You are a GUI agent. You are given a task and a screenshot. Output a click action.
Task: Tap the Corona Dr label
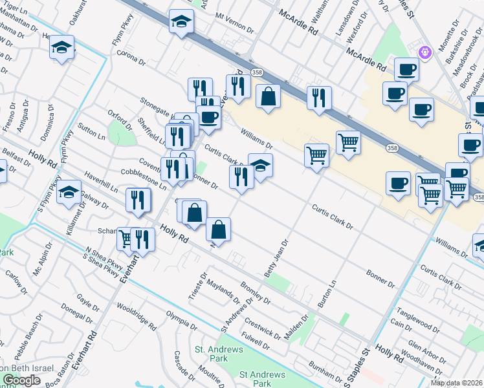click(132, 57)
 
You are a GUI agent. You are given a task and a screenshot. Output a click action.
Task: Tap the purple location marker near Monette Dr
click(425, 50)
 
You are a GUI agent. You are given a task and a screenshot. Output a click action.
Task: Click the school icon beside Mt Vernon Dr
click(181, 21)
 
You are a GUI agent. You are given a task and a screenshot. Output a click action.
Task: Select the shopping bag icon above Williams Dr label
click(267, 98)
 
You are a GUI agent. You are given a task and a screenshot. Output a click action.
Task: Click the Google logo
click(21, 380)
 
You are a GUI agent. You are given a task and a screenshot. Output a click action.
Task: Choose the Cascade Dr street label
click(181, 365)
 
